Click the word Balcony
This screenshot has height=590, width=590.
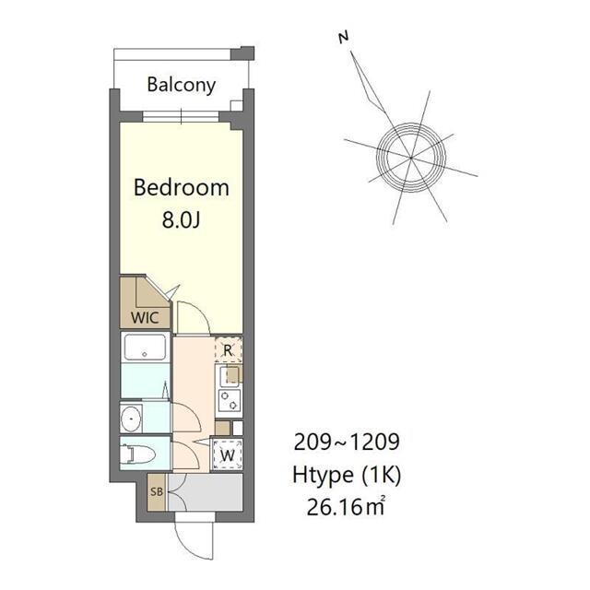point(182,85)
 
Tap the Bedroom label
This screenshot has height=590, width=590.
point(182,187)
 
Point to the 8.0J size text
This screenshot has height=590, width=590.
point(181,219)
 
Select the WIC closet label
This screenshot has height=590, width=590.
point(145,318)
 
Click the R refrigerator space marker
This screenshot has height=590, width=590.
point(228,350)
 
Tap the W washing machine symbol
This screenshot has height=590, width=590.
point(227,454)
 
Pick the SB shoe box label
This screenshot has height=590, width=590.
point(157,491)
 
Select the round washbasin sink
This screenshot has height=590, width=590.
point(131,418)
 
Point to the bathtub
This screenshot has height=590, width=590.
point(145,347)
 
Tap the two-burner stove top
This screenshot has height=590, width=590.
point(230,400)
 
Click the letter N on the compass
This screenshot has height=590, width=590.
point(343,37)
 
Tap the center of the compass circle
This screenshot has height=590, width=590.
point(411,158)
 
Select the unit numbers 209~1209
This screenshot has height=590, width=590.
point(347,442)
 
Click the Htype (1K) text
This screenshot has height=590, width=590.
point(347,476)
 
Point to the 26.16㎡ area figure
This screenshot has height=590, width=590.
point(346,506)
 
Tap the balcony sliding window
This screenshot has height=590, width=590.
point(181,116)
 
